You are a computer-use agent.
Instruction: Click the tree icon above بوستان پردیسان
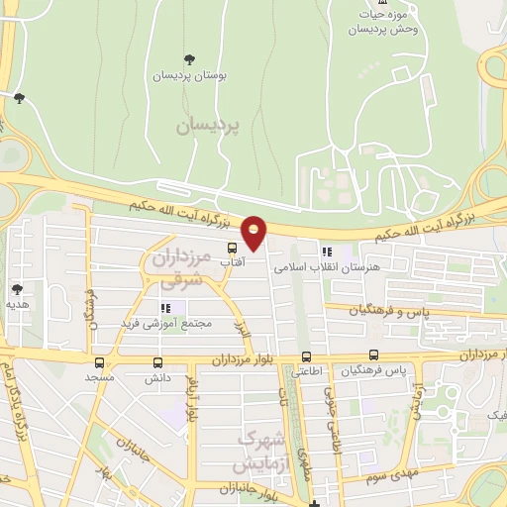click(x=190, y=59)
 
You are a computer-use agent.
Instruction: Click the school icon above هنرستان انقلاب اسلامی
click(x=327, y=252)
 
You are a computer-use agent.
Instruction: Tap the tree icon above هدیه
click(x=17, y=289)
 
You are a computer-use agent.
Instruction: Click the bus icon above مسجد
click(x=99, y=362)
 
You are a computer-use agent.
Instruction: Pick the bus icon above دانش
click(x=158, y=362)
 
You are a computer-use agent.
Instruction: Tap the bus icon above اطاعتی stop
click(x=306, y=356)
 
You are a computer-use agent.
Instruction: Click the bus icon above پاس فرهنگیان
click(x=373, y=355)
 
